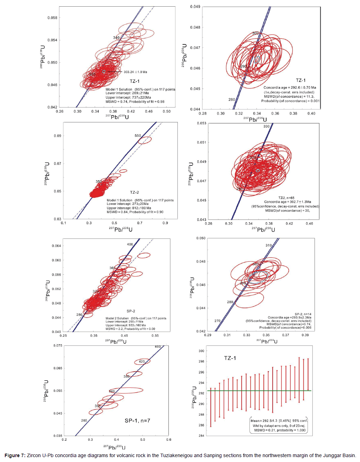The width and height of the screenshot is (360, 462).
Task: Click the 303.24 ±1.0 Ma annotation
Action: tap(135, 72)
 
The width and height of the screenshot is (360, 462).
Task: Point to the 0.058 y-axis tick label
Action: tap(52, 18)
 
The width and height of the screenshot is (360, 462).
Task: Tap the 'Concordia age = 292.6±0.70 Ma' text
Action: tap(290, 88)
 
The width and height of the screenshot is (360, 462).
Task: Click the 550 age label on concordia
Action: tap(138, 136)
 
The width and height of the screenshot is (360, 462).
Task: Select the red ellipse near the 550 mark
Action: tap(145, 140)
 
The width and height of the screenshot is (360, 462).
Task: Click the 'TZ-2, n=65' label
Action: tap(286, 198)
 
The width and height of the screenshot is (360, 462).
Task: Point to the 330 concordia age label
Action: tap(266, 126)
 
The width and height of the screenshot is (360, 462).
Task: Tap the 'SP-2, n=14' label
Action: tap(303, 314)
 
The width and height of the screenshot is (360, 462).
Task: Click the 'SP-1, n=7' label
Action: tap(137, 420)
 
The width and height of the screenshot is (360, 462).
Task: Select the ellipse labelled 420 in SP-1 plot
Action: tap(142, 362)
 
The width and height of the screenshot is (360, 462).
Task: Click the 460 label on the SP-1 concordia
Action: tap(158, 346)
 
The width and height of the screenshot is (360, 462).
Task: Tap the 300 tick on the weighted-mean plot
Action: tap(201, 351)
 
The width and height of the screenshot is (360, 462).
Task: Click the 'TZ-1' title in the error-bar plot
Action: tap(230, 358)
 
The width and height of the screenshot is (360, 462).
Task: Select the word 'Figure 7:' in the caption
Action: tap(15, 455)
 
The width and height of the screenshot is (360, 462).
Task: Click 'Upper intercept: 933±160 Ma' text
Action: tap(126, 325)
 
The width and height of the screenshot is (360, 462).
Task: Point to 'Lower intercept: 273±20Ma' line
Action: tap(127, 204)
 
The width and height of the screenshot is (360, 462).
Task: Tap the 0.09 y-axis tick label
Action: tap(57, 136)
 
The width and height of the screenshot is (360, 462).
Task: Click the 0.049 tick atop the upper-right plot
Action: tap(195, 7)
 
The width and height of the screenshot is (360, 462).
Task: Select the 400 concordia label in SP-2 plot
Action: tap(130, 244)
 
